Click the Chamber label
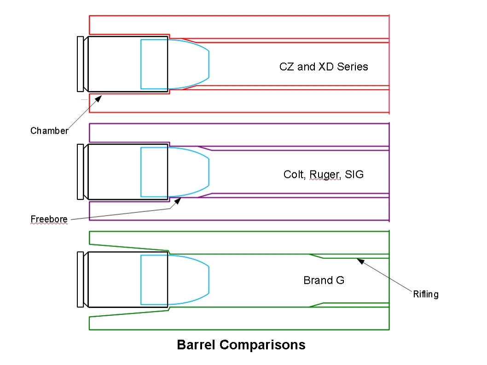49,131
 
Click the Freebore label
49,219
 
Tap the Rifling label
425,294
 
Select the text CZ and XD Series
324,67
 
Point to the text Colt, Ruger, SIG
324,175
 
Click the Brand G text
324,280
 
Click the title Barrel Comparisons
241,345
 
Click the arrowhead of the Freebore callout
177,200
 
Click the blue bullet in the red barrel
175,64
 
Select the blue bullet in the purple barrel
175,172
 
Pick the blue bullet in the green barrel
175,280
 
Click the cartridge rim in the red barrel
80,64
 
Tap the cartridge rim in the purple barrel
80,172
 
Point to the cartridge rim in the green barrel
80,279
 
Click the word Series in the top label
353,67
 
